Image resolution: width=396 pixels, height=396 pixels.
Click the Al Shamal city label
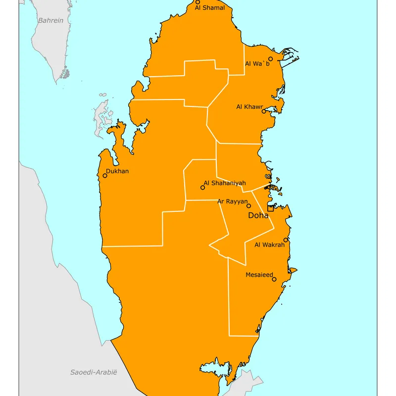click(210, 8)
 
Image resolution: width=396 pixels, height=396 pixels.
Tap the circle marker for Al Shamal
click(198, 2)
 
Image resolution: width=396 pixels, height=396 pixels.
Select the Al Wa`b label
click(257, 64)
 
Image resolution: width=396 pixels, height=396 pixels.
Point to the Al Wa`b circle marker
click(270, 59)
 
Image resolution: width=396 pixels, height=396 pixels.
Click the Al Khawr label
click(249, 107)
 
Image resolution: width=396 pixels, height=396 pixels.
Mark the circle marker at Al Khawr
click(264, 111)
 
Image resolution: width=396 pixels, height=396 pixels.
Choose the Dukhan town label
click(117, 171)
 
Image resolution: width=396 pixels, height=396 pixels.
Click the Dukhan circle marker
click(105, 175)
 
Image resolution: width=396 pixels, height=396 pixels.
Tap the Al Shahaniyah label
click(225, 183)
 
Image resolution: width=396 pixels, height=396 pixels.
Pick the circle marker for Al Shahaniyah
click(202, 188)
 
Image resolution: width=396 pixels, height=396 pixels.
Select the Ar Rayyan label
click(233, 201)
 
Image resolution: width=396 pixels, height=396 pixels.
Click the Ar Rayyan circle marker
click(249, 206)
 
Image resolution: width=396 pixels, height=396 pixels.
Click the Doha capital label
click(258, 215)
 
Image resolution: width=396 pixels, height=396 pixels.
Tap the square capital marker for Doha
click(270, 208)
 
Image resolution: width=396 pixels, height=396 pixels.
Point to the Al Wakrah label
click(269, 245)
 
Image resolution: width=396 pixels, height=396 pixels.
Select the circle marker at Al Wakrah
click(286, 240)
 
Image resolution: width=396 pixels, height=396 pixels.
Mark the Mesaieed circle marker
click(274, 279)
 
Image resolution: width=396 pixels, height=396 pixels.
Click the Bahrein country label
click(51, 20)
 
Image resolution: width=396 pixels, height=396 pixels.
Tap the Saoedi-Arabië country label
click(94, 372)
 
